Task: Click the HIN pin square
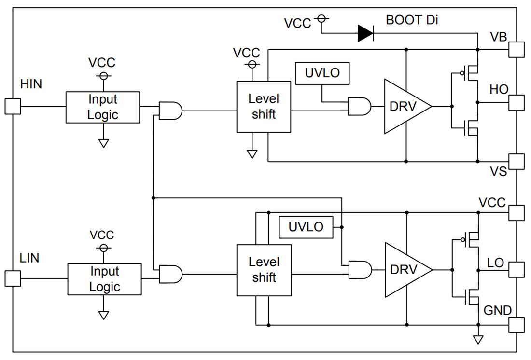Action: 13,106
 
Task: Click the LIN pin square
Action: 13,278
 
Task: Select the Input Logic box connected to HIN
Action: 103,107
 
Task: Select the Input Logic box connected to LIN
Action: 104,279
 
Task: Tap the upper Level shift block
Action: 264,107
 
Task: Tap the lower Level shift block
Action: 264,270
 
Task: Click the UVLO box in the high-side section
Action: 322,73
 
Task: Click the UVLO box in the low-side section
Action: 306,227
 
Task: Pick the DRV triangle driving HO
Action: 405,106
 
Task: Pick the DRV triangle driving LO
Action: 405,270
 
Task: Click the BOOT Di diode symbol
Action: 365,33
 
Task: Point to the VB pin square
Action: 516,49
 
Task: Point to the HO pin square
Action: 516,102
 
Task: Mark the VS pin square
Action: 516,161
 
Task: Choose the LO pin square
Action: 516,269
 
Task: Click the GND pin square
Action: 516,324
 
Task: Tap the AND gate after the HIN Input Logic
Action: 170,111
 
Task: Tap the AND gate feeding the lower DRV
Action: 360,270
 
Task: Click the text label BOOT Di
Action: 412,20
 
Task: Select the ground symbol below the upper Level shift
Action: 252,154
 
